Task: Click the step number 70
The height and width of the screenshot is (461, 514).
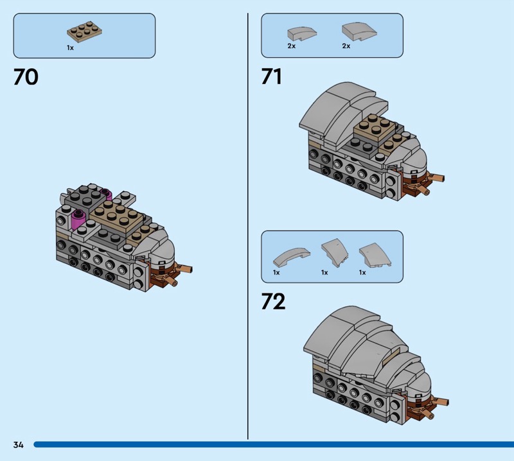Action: click(x=26, y=77)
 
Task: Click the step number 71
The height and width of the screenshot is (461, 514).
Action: click(x=271, y=76)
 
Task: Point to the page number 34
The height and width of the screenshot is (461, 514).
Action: click(x=19, y=444)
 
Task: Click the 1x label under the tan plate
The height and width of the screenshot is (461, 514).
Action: click(x=70, y=48)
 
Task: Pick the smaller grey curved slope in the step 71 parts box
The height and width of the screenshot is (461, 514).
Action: click(x=302, y=34)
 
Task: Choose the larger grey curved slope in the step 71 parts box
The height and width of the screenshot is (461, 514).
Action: click(x=359, y=31)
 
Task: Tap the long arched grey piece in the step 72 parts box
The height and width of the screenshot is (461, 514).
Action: click(x=291, y=257)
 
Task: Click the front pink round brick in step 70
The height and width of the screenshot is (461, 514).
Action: click(x=78, y=218)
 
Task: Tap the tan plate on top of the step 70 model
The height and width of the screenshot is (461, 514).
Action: click(x=116, y=216)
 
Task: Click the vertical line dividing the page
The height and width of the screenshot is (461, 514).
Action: click(x=248, y=226)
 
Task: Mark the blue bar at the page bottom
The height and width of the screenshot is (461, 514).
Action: click(x=274, y=444)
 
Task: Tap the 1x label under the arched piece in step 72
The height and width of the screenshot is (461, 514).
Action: click(x=276, y=273)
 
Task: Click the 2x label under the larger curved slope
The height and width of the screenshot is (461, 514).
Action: click(x=346, y=46)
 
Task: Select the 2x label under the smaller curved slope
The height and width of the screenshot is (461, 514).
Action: click(x=292, y=46)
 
